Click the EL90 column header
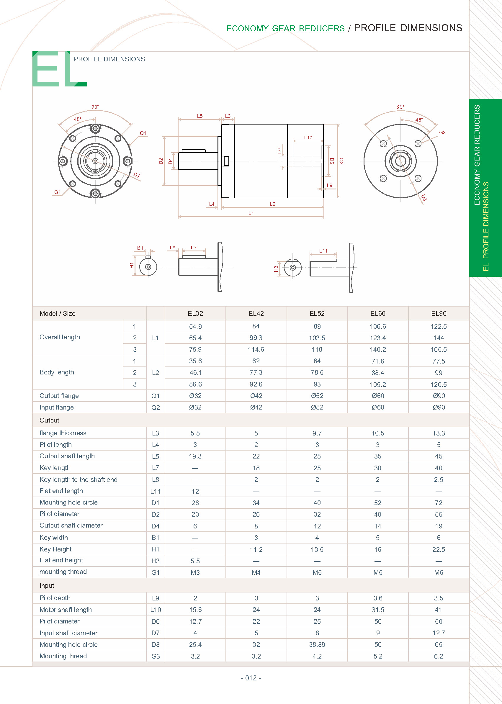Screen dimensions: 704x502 point(438,313)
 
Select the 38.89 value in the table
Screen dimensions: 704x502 point(317,644)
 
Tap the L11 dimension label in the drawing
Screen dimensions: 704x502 point(323,251)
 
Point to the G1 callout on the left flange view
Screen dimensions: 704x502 point(58,192)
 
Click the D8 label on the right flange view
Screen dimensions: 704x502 point(424,197)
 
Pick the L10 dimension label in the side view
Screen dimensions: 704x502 point(308,137)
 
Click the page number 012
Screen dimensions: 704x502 point(251,678)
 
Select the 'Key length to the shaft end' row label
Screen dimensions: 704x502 point(79,479)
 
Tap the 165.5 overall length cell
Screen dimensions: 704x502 point(438,349)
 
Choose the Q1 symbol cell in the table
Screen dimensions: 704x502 point(155,396)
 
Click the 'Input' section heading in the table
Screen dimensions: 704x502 point(47,585)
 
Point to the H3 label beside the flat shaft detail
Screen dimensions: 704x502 point(276,268)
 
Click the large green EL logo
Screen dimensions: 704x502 point(59,69)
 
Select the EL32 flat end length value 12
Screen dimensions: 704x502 point(195,491)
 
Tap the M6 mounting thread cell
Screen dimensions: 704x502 point(438,572)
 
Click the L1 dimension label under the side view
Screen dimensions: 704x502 point(251,213)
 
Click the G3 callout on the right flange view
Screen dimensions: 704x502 point(442,132)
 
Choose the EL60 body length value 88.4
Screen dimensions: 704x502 point(377,373)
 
